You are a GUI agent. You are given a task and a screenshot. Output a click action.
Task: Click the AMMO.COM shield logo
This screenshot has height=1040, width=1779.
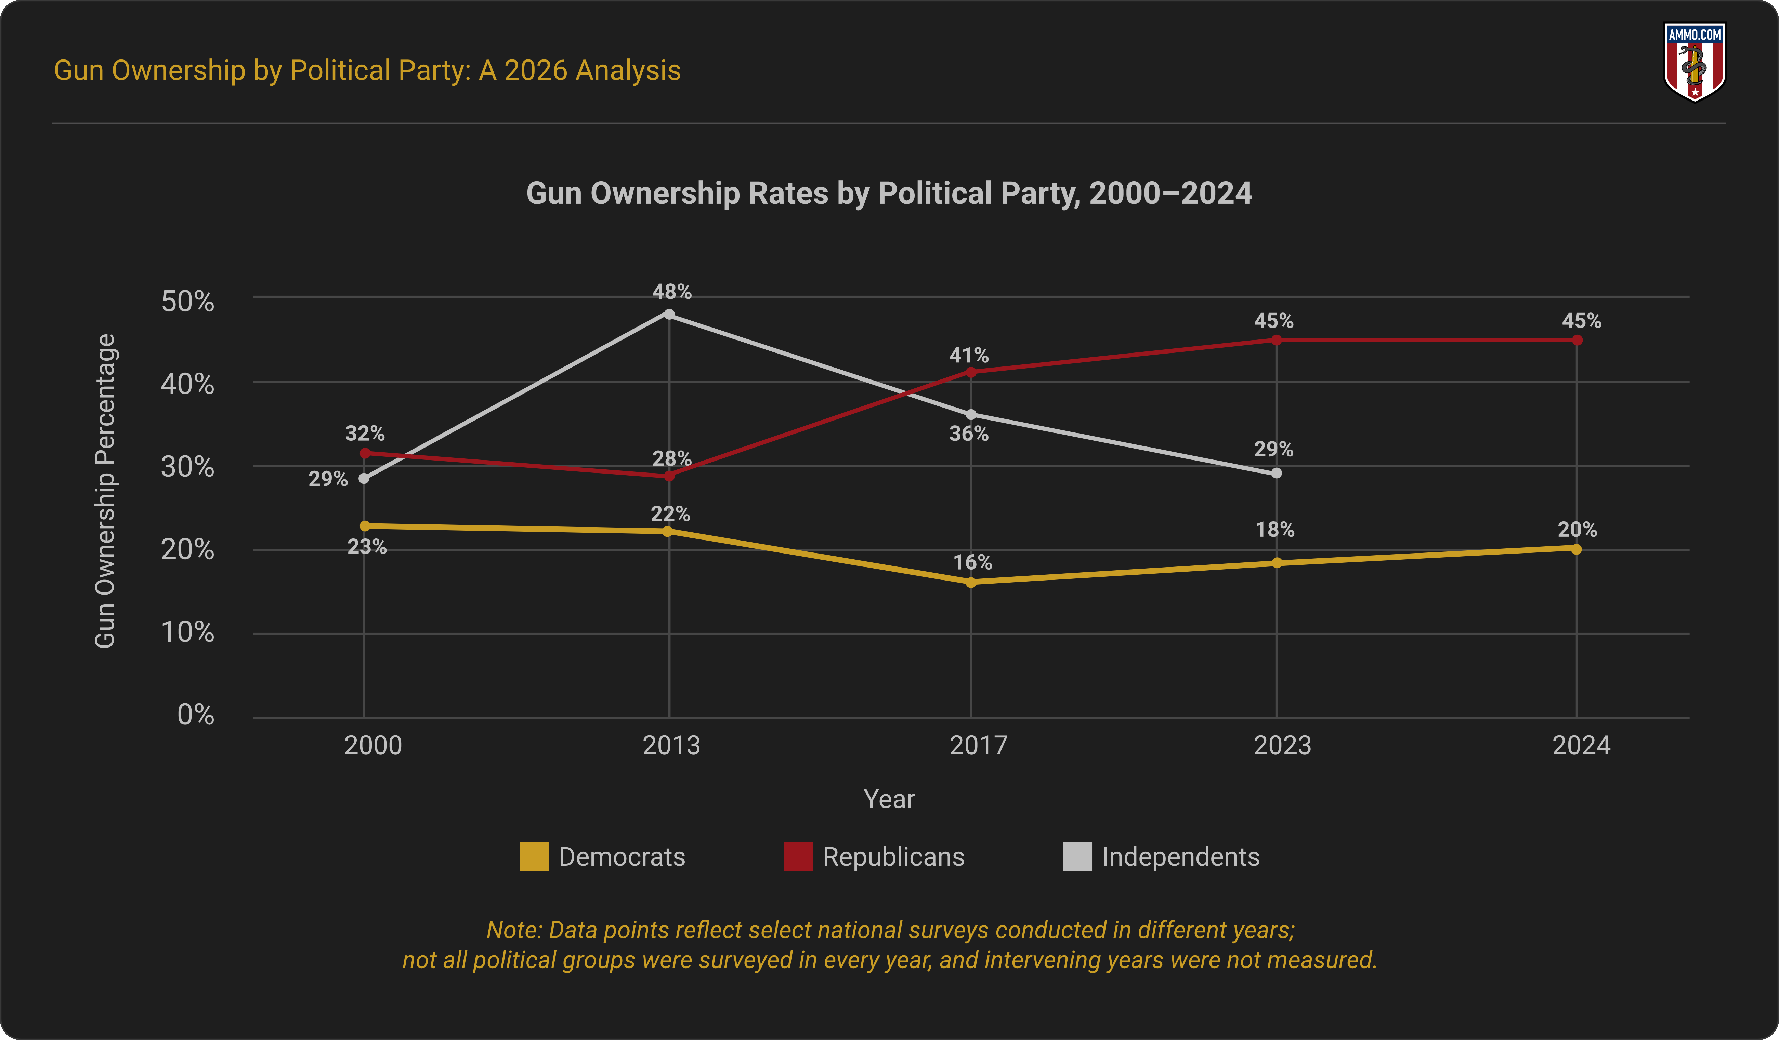(1694, 62)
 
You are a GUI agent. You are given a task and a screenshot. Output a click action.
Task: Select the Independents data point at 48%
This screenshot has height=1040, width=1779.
(669, 314)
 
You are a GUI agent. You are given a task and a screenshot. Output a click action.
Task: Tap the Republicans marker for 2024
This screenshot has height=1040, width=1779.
(1577, 340)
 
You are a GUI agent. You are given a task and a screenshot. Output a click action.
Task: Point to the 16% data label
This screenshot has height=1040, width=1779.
(972, 562)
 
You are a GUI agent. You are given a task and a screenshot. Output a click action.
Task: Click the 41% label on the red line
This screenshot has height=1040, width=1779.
(969, 355)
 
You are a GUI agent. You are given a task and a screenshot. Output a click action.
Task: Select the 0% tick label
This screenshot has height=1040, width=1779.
(196, 715)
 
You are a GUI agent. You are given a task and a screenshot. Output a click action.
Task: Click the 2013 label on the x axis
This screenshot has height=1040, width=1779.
(671, 745)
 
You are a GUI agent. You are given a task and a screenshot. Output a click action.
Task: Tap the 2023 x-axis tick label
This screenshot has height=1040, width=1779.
(1282, 745)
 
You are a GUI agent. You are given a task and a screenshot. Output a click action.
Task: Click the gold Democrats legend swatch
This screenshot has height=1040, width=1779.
(534, 856)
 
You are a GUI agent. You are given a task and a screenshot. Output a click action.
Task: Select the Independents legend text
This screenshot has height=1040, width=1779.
(1180, 856)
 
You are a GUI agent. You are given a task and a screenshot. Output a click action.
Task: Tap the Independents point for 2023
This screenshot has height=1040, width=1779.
(1277, 473)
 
